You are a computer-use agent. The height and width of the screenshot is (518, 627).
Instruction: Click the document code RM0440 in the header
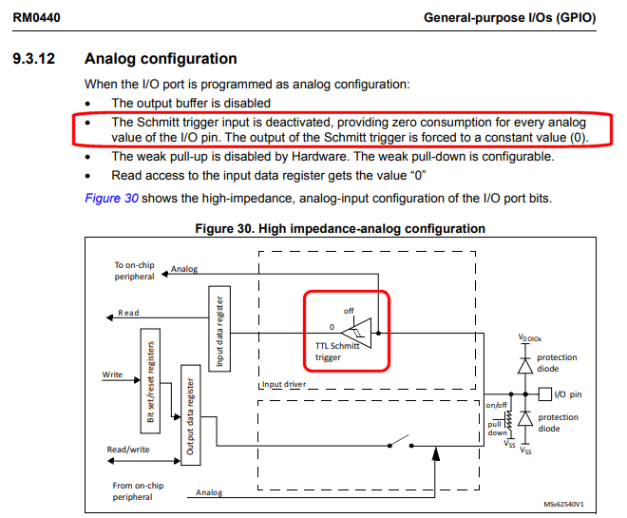[39, 17]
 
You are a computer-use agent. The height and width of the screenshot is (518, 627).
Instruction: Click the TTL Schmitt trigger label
[337, 352]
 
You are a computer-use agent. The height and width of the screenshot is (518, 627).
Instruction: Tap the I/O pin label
[569, 393]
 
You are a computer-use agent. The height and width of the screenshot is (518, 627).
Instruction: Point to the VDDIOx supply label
[531, 337]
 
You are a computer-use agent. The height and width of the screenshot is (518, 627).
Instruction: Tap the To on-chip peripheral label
[133, 271]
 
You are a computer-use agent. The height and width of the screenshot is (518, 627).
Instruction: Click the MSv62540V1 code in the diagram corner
[563, 505]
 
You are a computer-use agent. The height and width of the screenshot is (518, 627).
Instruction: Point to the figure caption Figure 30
[339, 228]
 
